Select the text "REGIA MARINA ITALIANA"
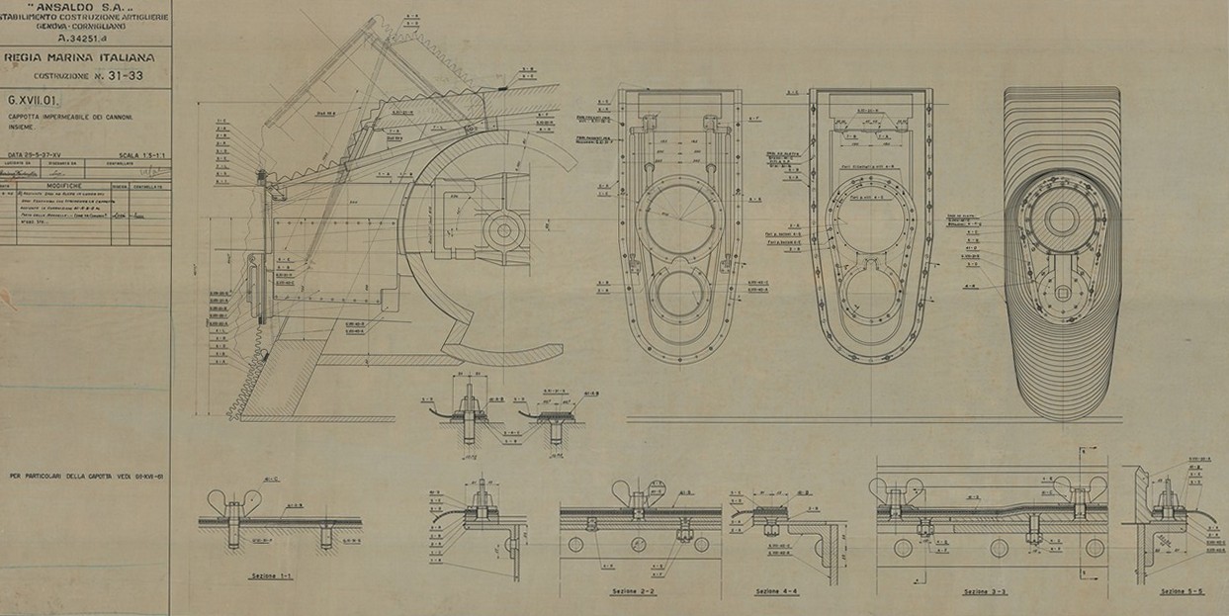click(x=88, y=58)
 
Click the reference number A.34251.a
click(x=83, y=40)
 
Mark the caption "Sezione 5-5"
click(x=1182, y=591)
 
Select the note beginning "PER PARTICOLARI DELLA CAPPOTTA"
click(x=87, y=477)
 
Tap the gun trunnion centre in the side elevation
click(x=504, y=229)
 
